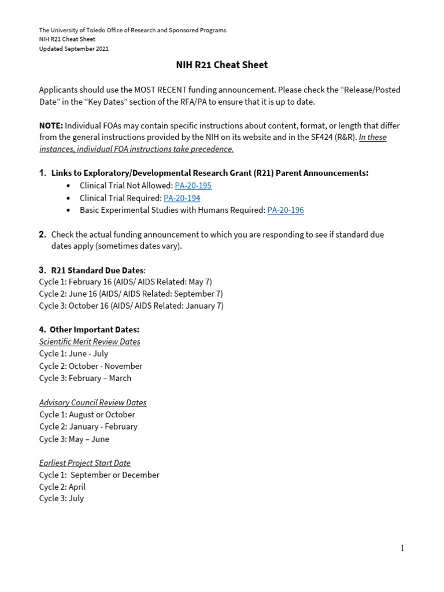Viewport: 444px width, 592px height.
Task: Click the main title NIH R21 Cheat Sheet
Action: tap(221, 65)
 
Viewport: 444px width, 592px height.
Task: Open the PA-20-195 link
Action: tap(193, 186)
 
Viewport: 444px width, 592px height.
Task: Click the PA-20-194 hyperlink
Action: tap(182, 198)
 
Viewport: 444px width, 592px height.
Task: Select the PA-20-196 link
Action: tap(285, 210)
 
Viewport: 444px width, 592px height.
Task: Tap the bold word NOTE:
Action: tap(51, 125)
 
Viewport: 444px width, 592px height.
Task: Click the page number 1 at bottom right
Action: tap(402, 548)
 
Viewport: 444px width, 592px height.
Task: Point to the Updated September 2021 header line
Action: tap(73, 49)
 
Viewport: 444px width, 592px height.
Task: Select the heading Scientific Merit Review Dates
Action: tap(90, 342)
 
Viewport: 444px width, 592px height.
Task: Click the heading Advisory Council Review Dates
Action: tap(92, 402)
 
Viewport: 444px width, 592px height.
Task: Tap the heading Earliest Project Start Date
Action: tap(84, 463)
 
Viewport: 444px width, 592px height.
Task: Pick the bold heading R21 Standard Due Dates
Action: tap(98, 270)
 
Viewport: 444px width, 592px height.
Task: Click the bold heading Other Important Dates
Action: tap(94, 330)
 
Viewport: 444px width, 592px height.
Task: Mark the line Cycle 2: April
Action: tap(62, 487)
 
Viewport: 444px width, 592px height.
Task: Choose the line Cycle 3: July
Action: tap(61, 498)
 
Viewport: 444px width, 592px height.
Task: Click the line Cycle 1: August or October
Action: tap(87, 415)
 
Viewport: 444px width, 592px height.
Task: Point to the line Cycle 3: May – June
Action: tap(74, 439)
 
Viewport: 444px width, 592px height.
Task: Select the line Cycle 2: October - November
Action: tap(91, 366)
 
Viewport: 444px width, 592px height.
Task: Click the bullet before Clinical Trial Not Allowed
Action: tap(68, 186)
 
